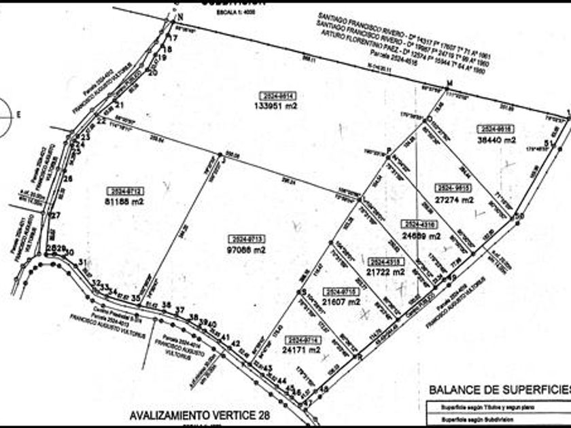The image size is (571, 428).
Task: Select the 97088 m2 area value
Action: click(x=247, y=250)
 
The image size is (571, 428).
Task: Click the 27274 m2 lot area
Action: click(x=454, y=200)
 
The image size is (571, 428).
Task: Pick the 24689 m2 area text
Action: click(x=421, y=236)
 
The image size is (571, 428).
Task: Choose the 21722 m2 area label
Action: click(x=385, y=271)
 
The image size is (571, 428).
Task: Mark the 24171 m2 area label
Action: click(x=302, y=350)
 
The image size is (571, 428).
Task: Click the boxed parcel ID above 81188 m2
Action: click(x=124, y=191)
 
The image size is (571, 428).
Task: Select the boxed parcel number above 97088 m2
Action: click(x=247, y=238)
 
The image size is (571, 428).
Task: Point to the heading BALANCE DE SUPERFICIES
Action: click(x=499, y=389)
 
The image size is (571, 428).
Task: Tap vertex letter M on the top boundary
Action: click(x=449, y=84)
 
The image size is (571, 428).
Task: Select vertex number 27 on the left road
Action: click(x=56, y=215)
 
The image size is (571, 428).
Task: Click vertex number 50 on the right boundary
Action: click(x=520, y=216)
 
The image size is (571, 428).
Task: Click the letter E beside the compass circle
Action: click(x=19, y=114)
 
